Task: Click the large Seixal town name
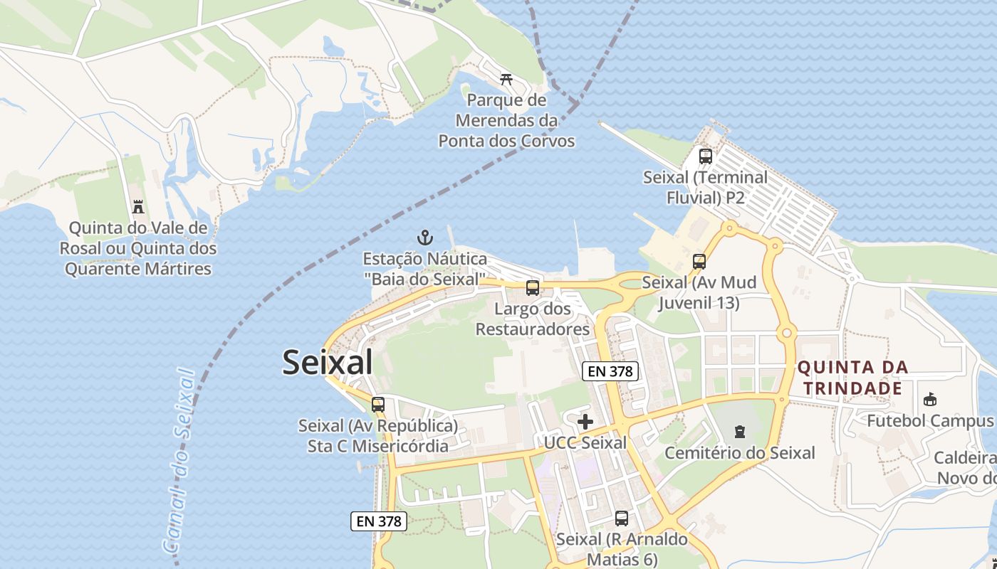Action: (328, 362)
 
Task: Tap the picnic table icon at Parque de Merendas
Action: (506, 78)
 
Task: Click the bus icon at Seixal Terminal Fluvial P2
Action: (706, 156)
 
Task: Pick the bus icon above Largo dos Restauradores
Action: (533, 288)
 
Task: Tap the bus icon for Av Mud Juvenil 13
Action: (699, 261)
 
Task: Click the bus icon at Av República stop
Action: (378, 404)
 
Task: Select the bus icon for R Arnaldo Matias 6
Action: (622, 518)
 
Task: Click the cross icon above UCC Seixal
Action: (585, 422)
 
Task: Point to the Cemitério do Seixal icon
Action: (740, 431)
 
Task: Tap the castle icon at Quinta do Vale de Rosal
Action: (138, 207)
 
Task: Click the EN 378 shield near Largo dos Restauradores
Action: (610, 371)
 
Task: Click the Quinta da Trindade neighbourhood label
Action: (853, 378)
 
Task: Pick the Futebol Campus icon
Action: (930, 399)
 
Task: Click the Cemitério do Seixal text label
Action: (740, 453)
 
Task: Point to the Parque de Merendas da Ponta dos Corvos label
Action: (506, 121)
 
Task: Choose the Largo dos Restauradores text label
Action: (533, 319)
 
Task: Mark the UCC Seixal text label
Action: (585, 443)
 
